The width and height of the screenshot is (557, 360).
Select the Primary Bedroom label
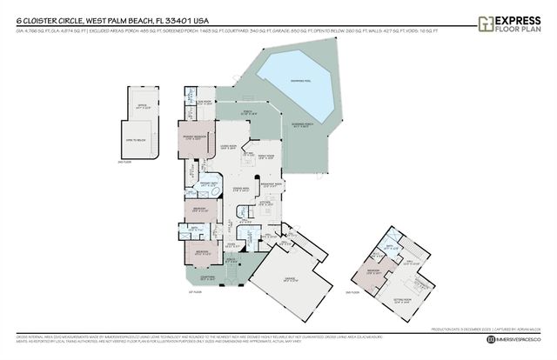(x=193, y=137)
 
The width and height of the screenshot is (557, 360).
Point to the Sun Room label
(x=191, y=101)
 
